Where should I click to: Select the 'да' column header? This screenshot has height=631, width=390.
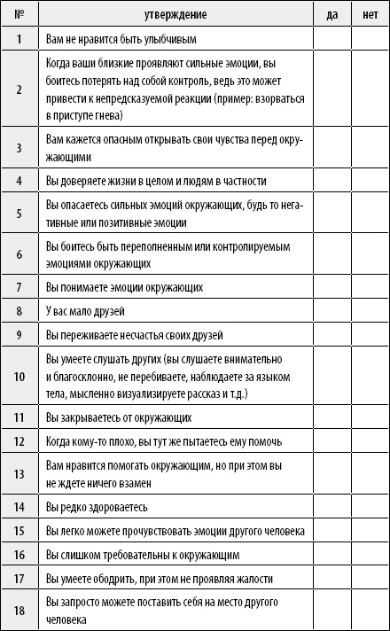click(x=331, y=15)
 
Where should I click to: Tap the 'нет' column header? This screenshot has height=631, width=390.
click(x=370, y=15)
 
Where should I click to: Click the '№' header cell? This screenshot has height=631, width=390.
click(x=19, y=15)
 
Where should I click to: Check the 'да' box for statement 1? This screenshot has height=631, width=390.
click(x=331, y=39)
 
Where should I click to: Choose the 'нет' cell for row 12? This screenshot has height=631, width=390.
click(x=370, y=440)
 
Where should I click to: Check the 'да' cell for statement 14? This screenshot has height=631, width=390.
click(x=331, y=507)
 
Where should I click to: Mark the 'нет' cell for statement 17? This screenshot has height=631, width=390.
click(x=370, y=579)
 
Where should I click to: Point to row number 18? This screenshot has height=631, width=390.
click(x=19, y=610)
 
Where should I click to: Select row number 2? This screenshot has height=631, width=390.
click(x=19, y=90)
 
